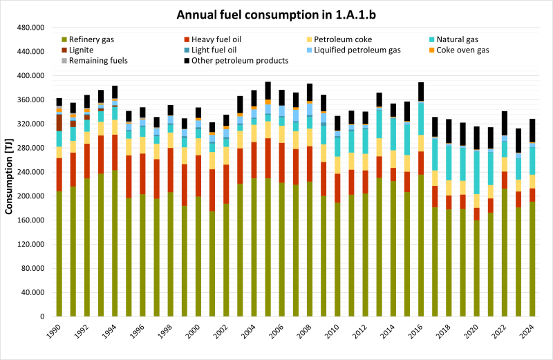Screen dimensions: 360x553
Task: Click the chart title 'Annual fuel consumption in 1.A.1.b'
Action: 276,14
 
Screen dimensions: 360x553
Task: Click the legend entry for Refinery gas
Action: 90,39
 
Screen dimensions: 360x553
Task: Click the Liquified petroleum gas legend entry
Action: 356,50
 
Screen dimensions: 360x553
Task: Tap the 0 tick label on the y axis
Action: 44,316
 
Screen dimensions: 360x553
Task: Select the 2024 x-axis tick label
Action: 529,333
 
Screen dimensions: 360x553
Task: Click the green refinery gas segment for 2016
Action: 421,245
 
